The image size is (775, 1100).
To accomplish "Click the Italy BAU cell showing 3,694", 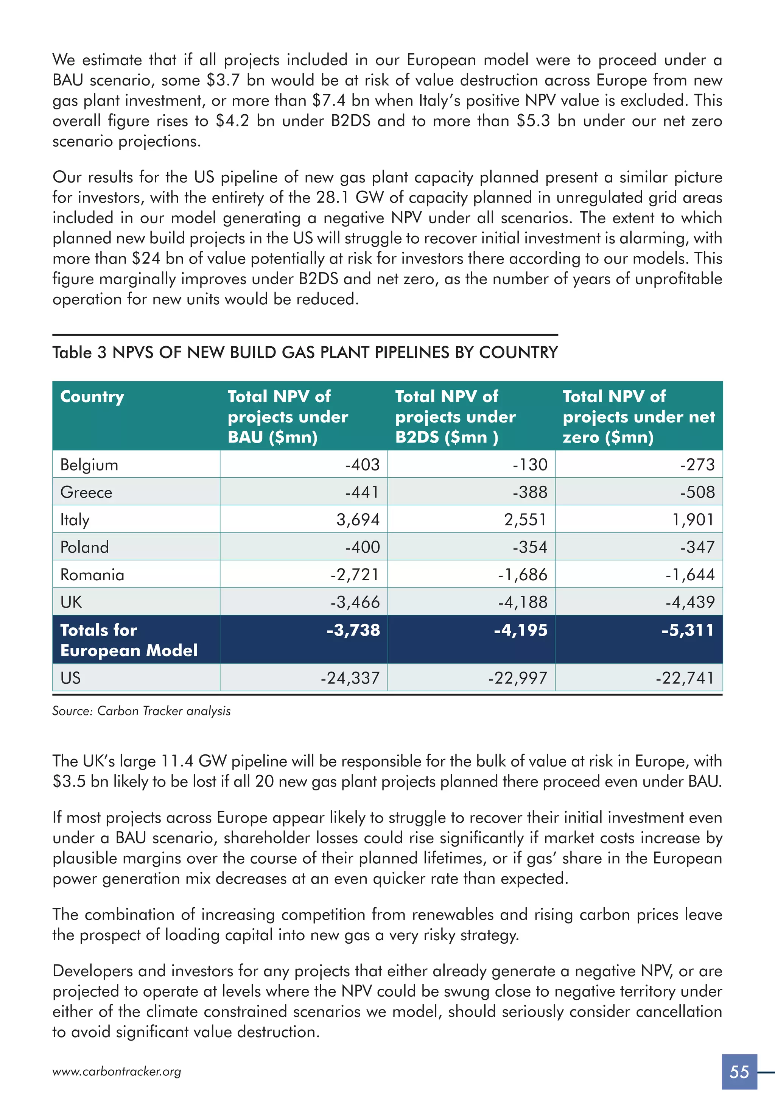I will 358,519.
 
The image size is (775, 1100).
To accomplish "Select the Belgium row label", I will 89,465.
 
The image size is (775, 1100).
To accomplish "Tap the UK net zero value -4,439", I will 690,602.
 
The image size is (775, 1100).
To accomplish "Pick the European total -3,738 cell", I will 353,630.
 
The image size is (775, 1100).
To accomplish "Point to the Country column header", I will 92,397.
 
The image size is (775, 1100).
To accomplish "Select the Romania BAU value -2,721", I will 355,575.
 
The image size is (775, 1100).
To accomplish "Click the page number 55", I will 739,1071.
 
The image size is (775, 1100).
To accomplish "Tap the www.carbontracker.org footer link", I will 117,1072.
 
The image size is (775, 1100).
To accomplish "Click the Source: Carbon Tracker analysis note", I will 141,711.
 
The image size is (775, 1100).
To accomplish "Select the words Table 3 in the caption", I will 79,353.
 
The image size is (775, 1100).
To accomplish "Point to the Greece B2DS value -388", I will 530,492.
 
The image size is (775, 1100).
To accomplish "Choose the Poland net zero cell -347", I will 697,547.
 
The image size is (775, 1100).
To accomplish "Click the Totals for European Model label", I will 128,640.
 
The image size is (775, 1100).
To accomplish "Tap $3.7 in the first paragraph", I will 223,80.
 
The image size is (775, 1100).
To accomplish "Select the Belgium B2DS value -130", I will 530,465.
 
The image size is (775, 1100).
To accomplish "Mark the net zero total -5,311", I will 688,630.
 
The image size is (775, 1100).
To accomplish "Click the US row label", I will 70,678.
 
